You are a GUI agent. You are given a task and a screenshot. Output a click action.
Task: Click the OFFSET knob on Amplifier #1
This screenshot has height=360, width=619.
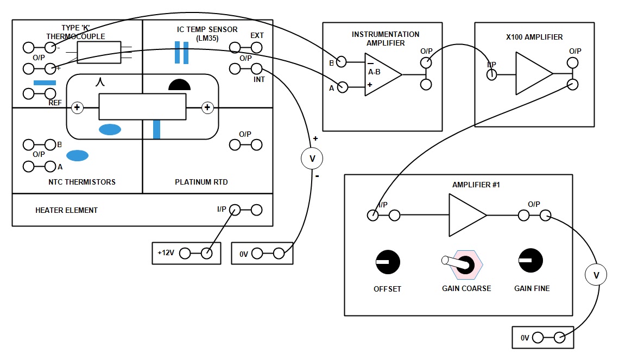pos(388,262)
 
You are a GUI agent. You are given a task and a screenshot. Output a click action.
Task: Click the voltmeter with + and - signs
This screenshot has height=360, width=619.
pos(312,158)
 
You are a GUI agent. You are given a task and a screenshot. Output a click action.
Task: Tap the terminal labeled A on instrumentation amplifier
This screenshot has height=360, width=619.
pos(343,86)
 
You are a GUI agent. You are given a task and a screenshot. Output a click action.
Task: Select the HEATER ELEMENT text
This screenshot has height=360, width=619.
pos(66,210)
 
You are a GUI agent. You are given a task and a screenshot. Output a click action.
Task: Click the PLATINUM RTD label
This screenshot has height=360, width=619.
pos(201,182)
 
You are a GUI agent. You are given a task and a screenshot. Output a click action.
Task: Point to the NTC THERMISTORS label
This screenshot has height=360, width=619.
pos(82,182)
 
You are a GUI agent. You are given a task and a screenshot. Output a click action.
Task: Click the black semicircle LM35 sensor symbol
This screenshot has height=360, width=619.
pos(179,84)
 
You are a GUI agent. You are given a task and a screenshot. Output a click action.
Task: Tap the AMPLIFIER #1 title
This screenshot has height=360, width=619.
pos(476,185)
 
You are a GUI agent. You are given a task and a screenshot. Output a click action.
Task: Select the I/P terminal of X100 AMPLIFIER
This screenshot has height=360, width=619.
pos(491,74)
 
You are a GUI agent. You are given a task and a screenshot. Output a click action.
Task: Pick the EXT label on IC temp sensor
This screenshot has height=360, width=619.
pos(257,36)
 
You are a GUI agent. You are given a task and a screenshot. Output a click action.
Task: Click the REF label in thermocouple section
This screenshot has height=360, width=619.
pos(55,102)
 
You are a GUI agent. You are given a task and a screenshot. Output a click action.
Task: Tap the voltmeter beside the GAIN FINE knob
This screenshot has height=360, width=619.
pos(596,276)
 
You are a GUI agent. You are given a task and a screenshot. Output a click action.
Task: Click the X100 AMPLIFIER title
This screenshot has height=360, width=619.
pos(530,37)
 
